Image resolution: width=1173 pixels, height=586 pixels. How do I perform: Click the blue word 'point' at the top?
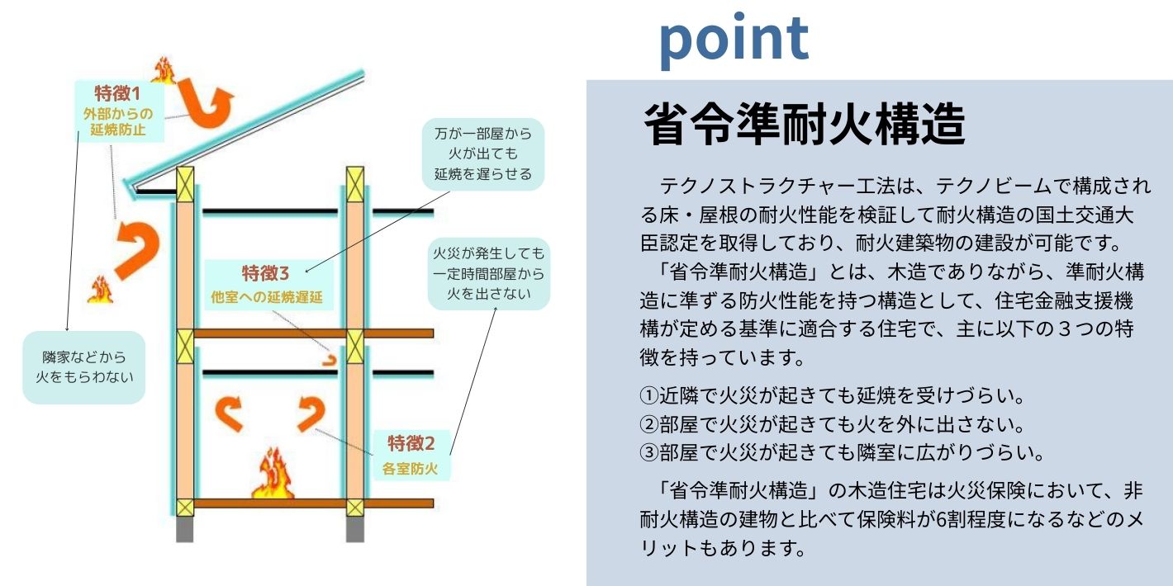(x=734, y=40)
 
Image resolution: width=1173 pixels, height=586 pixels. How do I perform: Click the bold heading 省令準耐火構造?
(x=805, y=124)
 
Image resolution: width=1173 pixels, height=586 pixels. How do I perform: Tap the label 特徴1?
(x=117, y=93)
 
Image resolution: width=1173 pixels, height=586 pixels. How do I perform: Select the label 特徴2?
(x=411, y=444)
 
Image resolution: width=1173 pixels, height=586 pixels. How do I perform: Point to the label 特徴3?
(x=265, y=272)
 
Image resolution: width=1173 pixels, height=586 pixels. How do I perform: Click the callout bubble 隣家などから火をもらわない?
(x=83, y=367)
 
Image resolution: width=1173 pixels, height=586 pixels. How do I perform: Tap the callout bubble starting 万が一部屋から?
(x=482, y=154)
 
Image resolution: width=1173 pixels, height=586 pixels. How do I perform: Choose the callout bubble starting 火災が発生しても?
(x=488, y=274)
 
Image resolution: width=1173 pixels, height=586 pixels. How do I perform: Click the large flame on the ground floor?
(x=273, y=474)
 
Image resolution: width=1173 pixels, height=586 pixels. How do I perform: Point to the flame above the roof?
(x=164, y=71)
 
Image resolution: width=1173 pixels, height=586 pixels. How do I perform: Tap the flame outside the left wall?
(x=100, y=290)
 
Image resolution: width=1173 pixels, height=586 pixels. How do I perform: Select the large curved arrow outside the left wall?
(x=137, y=248)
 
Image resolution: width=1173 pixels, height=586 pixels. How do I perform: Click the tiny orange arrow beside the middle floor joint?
(x=329, y=360)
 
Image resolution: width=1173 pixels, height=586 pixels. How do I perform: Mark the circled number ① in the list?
(x=648, y=395)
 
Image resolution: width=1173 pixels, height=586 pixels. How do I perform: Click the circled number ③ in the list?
(x=648, y=452)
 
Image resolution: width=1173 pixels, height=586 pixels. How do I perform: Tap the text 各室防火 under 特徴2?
(x=410, y=468)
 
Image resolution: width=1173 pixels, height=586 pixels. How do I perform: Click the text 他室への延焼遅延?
(x=267, y=297)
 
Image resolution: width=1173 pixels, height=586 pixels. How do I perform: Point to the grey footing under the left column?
(x=184, y=529)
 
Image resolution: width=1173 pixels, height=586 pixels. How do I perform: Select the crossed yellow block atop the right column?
(x=355, y=184)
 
